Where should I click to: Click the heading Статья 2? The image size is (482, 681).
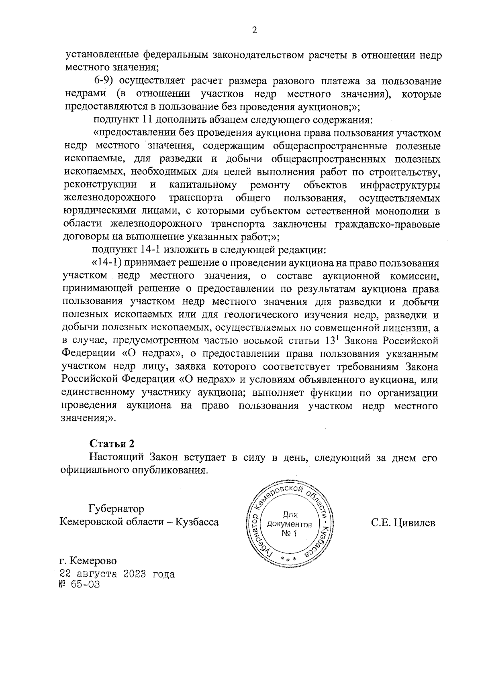(x=112, y=444)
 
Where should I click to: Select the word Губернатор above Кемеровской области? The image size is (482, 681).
(x=116, y=508)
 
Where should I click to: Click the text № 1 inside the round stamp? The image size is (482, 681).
(x=289, y=533)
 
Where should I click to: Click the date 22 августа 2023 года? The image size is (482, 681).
(x=116, y=574)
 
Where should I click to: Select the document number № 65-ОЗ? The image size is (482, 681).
(x=79, y=584)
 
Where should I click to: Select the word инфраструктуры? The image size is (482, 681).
(x=400, y=185)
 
